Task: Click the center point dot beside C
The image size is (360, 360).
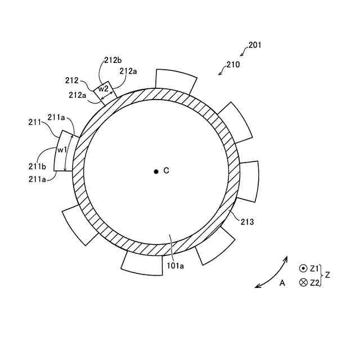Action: (x=156, y=171)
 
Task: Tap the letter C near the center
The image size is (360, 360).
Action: (x=166, y=170)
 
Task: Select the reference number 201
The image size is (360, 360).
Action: (x=254, y=45)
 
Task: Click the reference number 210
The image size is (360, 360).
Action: (x=233, y=65)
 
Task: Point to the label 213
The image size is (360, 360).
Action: (x=247, y=222)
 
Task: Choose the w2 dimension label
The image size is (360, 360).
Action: (x=103, y=88)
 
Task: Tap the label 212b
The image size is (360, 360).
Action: (x=112, y=60)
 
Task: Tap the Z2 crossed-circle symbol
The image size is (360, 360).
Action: (x=303, y=282)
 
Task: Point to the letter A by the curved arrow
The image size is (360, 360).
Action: (x=282, y=283)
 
